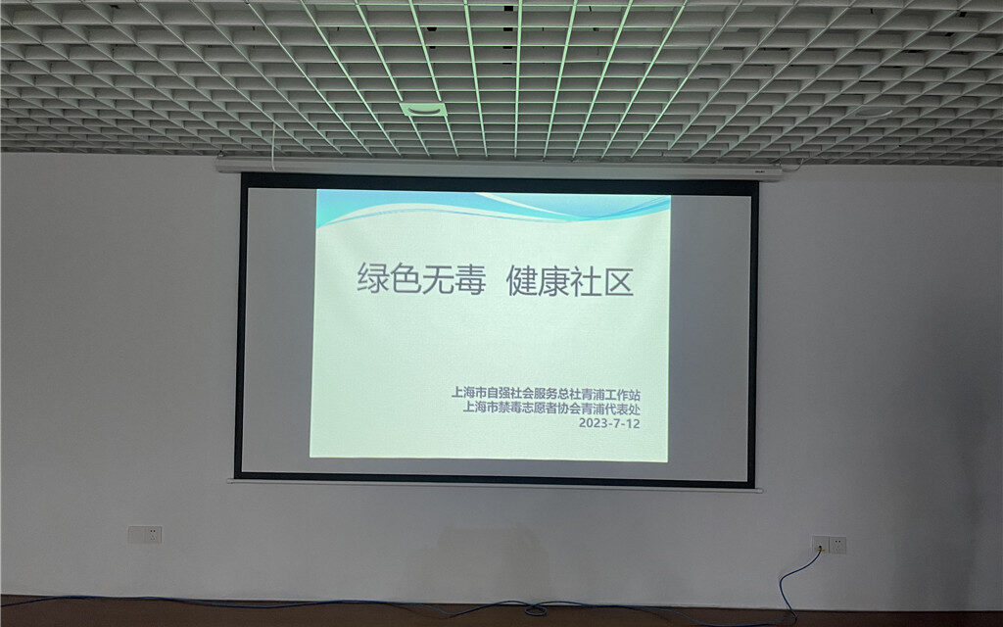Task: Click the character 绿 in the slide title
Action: [x=373, y=279]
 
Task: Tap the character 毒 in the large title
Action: [x=469, y=280]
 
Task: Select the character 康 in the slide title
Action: [x=554, y=281]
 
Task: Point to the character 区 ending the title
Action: [x=619, y=282]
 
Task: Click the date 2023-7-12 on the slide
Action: [x=609, y=423]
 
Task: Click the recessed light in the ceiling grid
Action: [x=423, y=110]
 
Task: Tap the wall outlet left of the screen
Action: [x=145, y=535]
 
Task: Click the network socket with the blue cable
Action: [x=820, y=545]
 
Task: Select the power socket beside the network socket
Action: [x=837, y=545]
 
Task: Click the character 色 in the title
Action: [x=405, y=279]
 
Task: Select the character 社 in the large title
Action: [x=587, y=282]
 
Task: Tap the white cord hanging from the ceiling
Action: [x=274, y=147]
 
